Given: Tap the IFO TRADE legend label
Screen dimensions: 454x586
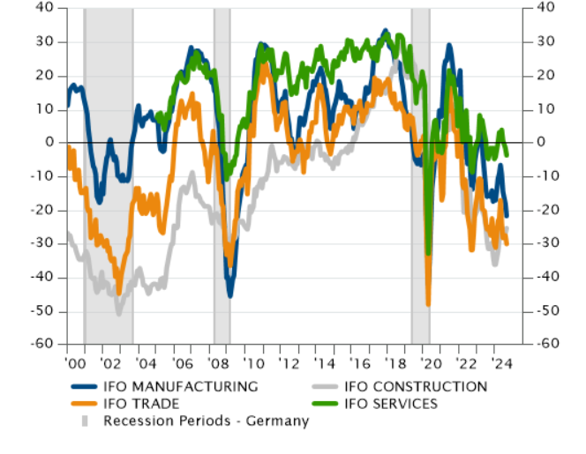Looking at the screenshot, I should [x=141, y=404].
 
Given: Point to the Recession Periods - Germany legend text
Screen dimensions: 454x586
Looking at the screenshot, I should [x=206, y=421].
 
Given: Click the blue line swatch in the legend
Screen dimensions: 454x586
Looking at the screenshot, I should [x=83, y=386].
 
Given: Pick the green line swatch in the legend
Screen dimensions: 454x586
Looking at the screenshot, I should [x=326, y=404].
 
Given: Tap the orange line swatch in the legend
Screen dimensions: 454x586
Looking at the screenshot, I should [x=83, y=404].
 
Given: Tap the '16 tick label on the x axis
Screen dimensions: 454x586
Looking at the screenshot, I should [x=361, y=362].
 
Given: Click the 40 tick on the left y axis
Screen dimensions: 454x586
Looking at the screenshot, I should [x=45, y=7].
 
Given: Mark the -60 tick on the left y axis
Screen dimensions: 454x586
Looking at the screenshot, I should [x=41, y=345].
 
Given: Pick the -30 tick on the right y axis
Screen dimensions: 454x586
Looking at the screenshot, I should [x=547, y=243].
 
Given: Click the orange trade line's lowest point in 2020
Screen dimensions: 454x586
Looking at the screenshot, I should [x=428, y=304].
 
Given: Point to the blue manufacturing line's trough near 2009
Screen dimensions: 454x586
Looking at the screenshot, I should [x=230, y=295].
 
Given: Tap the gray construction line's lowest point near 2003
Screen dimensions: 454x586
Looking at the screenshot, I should [x=118, y=313].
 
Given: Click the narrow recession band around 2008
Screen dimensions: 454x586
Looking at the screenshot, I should [x=222, y=176].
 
